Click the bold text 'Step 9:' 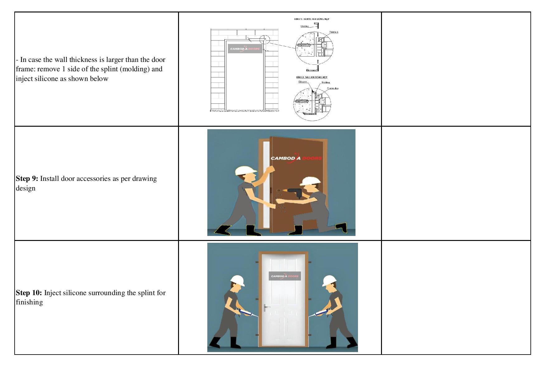coord(27,179)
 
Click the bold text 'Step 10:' coord(29,293)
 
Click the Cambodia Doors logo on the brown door coord(296,158)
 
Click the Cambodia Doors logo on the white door coord(285,276)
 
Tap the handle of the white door coord(265,308)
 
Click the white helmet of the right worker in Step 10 coord(329,280)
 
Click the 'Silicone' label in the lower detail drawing coord(302,82)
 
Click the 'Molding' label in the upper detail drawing coord(304,26)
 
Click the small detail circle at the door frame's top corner coord(264,40)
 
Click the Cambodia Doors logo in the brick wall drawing coord(245,49)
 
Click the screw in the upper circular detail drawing coord(304,45)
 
